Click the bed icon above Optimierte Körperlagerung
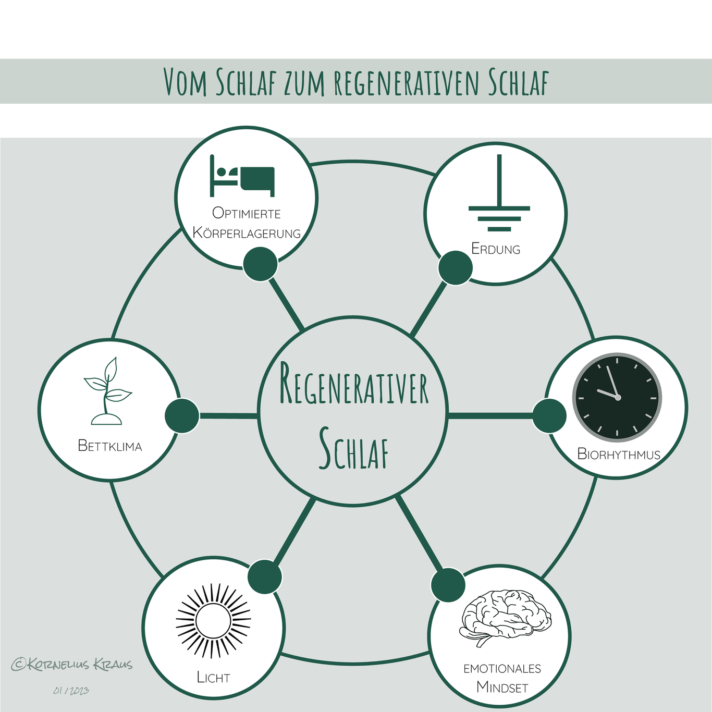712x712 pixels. [x=242, y=176]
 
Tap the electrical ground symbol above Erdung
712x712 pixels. [x=499, y=193]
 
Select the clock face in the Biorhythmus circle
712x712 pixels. [x=617, y=397]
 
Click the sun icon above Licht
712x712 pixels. [x=213, y=621]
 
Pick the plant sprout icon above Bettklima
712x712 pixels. [x=107, y=391]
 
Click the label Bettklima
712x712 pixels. [x=110, y=446]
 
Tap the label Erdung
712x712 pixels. [x=496, y=249]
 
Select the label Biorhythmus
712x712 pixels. [x=619, y=453]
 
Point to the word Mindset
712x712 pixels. [x=502, y=688]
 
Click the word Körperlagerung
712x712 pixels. [x=247, y=233]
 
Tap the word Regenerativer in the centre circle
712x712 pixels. [x=353, y=385]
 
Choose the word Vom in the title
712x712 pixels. [x=185, y=82]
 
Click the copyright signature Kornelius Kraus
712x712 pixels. [x=72, y=664]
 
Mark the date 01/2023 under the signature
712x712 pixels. [x=71, y=690]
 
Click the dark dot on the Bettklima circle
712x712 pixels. [x=182, y=416]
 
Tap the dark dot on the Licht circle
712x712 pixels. [x=265, y=577]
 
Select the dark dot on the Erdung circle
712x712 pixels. [x=455, y=268]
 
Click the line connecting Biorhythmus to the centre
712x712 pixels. [x=490, y=416]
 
